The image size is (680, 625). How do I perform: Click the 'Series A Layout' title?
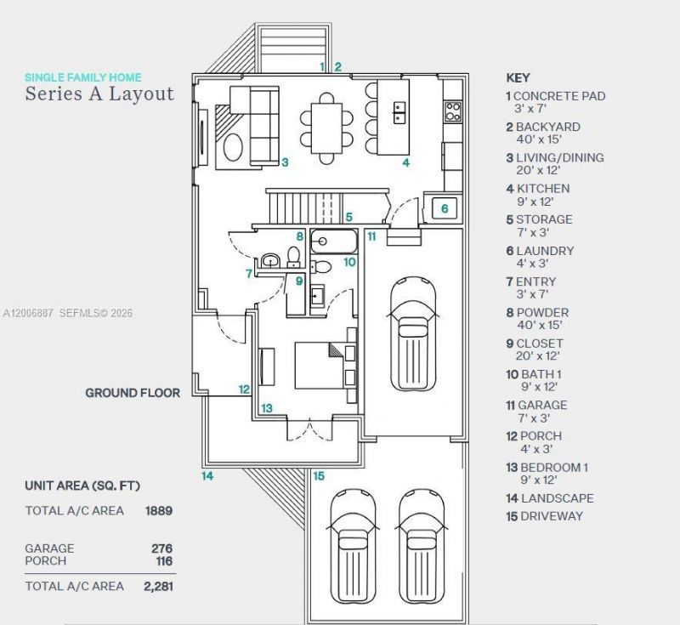tap(99, 94)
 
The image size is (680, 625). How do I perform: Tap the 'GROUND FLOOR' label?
tap(133, 393)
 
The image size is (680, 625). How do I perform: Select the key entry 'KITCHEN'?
tap(543, 189)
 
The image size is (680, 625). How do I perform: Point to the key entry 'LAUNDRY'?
tap(545, 251)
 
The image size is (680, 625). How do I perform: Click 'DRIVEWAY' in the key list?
tap(551, 516)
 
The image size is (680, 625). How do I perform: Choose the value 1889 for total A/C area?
tap(159, 510)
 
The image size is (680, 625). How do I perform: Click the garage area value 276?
tap(161, 548)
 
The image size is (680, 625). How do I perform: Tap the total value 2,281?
tap(158, 587)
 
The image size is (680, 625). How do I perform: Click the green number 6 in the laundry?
tap(445, 208)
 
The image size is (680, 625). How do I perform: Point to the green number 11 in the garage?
tap(371, 236)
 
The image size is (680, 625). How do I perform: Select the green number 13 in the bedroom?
tap(267, 408)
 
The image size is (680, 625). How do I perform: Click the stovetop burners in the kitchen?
tap(453, 111)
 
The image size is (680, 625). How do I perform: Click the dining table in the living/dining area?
tap(326, 128)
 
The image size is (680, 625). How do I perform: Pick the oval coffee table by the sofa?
tap(233, 147)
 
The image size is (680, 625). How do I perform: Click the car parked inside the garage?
tap(413, 334)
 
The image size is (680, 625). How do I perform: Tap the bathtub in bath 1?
tap(333, 241)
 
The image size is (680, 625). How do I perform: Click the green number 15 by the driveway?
tap(319, 476)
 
